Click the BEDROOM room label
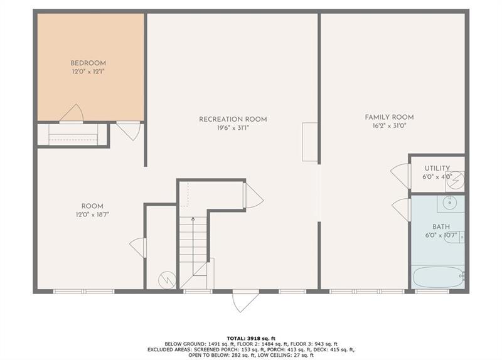88,63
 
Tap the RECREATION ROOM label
233,119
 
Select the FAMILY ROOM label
389,117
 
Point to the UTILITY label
437,168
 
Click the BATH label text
441,226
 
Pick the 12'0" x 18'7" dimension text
92,215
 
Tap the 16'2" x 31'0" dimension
389,126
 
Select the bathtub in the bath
438,276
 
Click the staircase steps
193,245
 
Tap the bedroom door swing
73,113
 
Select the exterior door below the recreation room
245,301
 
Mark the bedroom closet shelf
73,135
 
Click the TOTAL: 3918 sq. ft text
250,337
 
